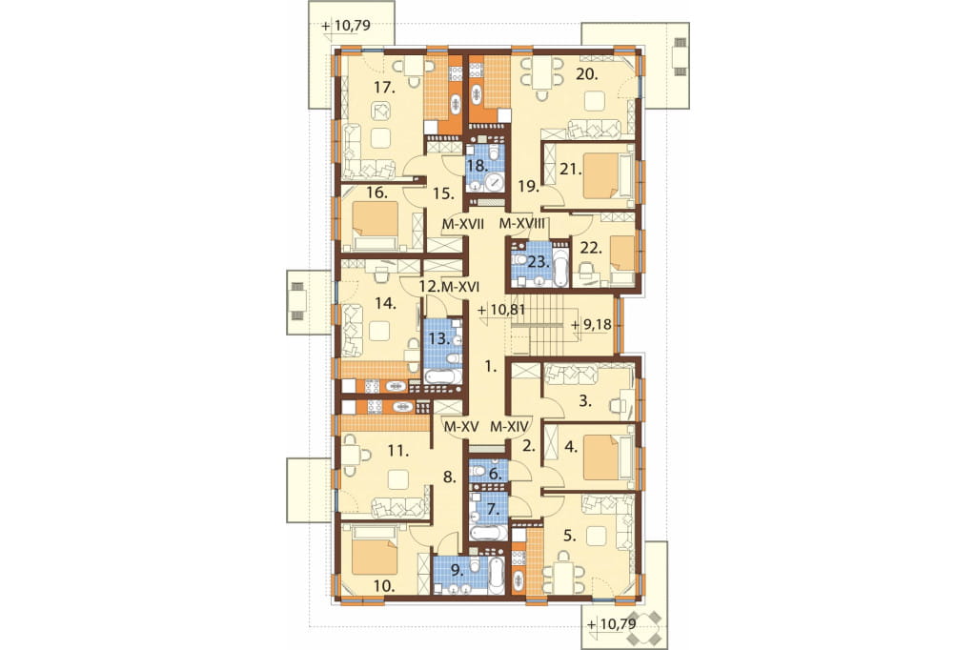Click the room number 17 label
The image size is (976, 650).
click(x=385, y=88)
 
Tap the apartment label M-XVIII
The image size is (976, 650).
click(x=523, y=224)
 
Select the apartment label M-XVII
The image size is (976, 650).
click(x=463, y=224)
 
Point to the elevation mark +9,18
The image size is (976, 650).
click(x=591, y=325)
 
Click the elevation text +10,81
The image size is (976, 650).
click(x=501, y=310)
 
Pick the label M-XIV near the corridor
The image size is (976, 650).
click(x=509, y=427)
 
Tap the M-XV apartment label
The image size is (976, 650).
click(x=461, y=427)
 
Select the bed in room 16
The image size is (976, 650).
click(x=376, y=220)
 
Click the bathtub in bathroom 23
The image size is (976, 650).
click(x=560, y=268)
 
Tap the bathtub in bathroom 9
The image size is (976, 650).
click(x=496, y=574)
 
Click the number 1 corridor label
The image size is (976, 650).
click(x=491, y=367)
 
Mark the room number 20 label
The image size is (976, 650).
click(x=586, y=74)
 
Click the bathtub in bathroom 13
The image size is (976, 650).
click(x=442, y=376)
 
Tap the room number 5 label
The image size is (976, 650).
click(x=570, y=536)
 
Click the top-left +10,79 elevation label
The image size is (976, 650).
click(x=347, y=26)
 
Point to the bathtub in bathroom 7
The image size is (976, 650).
click(x=489, y=533)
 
